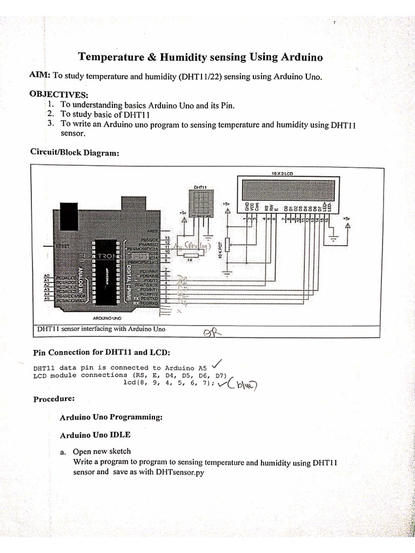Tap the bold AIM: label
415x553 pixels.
[39, 76]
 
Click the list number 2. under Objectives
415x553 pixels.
[51, 114]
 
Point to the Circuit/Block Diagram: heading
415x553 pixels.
[75, 153]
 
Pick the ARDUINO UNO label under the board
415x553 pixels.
[107, 319]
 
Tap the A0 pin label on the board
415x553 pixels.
[46, 276]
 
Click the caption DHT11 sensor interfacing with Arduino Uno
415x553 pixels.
[101, 329]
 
